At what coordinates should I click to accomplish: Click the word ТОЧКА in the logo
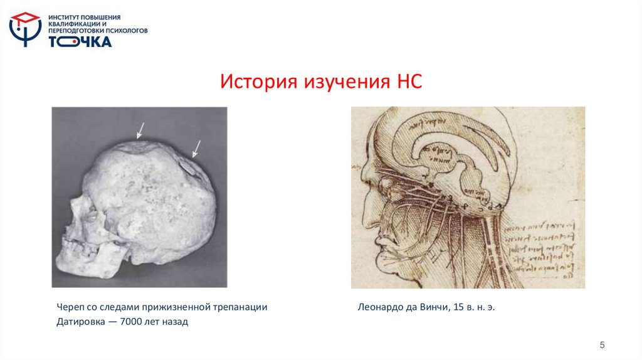click(80, 41)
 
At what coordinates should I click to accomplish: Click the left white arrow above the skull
click(140, 130)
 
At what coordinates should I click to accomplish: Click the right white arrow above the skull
click(196, 148)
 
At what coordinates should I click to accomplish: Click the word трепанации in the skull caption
click(244, 307)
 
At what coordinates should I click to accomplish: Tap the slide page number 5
click(602, 344)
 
